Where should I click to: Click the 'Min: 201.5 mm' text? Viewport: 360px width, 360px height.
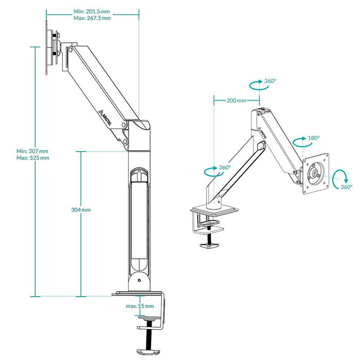pyautogui.click(x=92, y=10)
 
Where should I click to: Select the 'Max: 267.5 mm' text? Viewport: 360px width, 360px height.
pyautogui.click(x=92, y=18)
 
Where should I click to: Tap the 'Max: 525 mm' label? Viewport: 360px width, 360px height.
pyautogui.click(x=32, y=158)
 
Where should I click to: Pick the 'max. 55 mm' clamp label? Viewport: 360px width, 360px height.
pyautogui.click(x=139, y=306)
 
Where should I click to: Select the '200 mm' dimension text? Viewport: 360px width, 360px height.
pyautogui.click(x=236, y=100)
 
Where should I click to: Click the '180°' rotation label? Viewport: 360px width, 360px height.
pyautogui.click(x=313, y=139)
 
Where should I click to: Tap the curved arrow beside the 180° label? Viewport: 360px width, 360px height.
pyautogui.click(x=299, y=141)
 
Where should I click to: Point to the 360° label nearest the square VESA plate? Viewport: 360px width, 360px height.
pyautogui.click(x=346, y=187)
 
